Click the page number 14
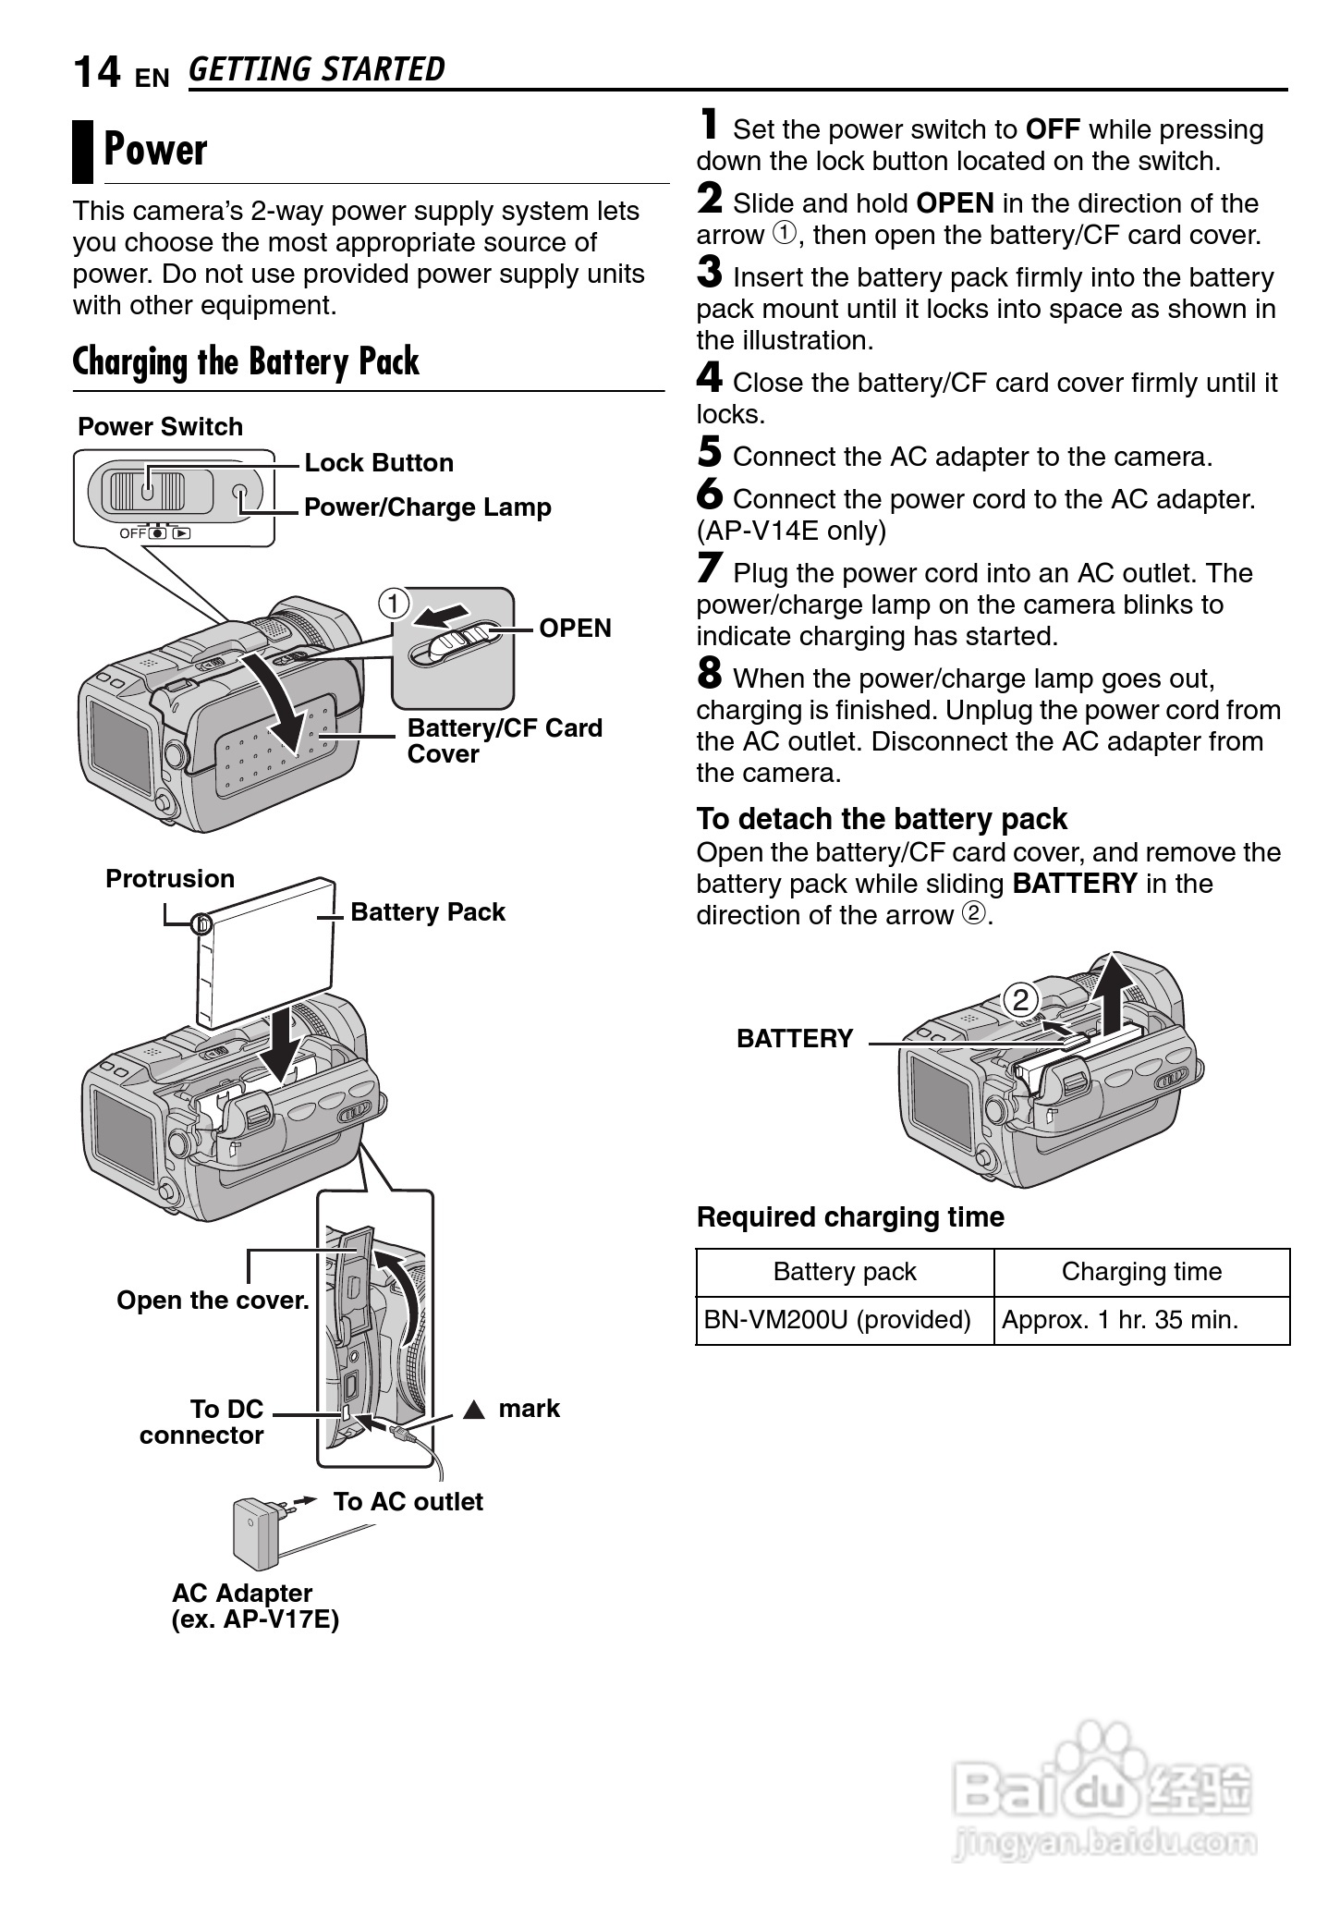point(96,72)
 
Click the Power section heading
point(155,151)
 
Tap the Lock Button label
point(379,463)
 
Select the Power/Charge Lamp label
point(427,507)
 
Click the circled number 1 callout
point(394,605)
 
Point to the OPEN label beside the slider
point(575,629)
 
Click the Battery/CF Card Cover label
point(504,740)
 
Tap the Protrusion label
point(170,878)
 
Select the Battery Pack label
point(428,912)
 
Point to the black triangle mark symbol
point(474,1410)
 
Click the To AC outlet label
point(408,1502)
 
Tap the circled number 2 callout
point(1020,1000)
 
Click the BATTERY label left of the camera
point(795,1039)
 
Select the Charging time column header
point(1141,1272)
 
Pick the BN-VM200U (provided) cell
point(837,1320)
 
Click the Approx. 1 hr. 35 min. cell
point(1120,1320)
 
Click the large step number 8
point(709,673)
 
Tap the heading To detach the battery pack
point(882,819)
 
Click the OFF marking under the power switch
point(132,533)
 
